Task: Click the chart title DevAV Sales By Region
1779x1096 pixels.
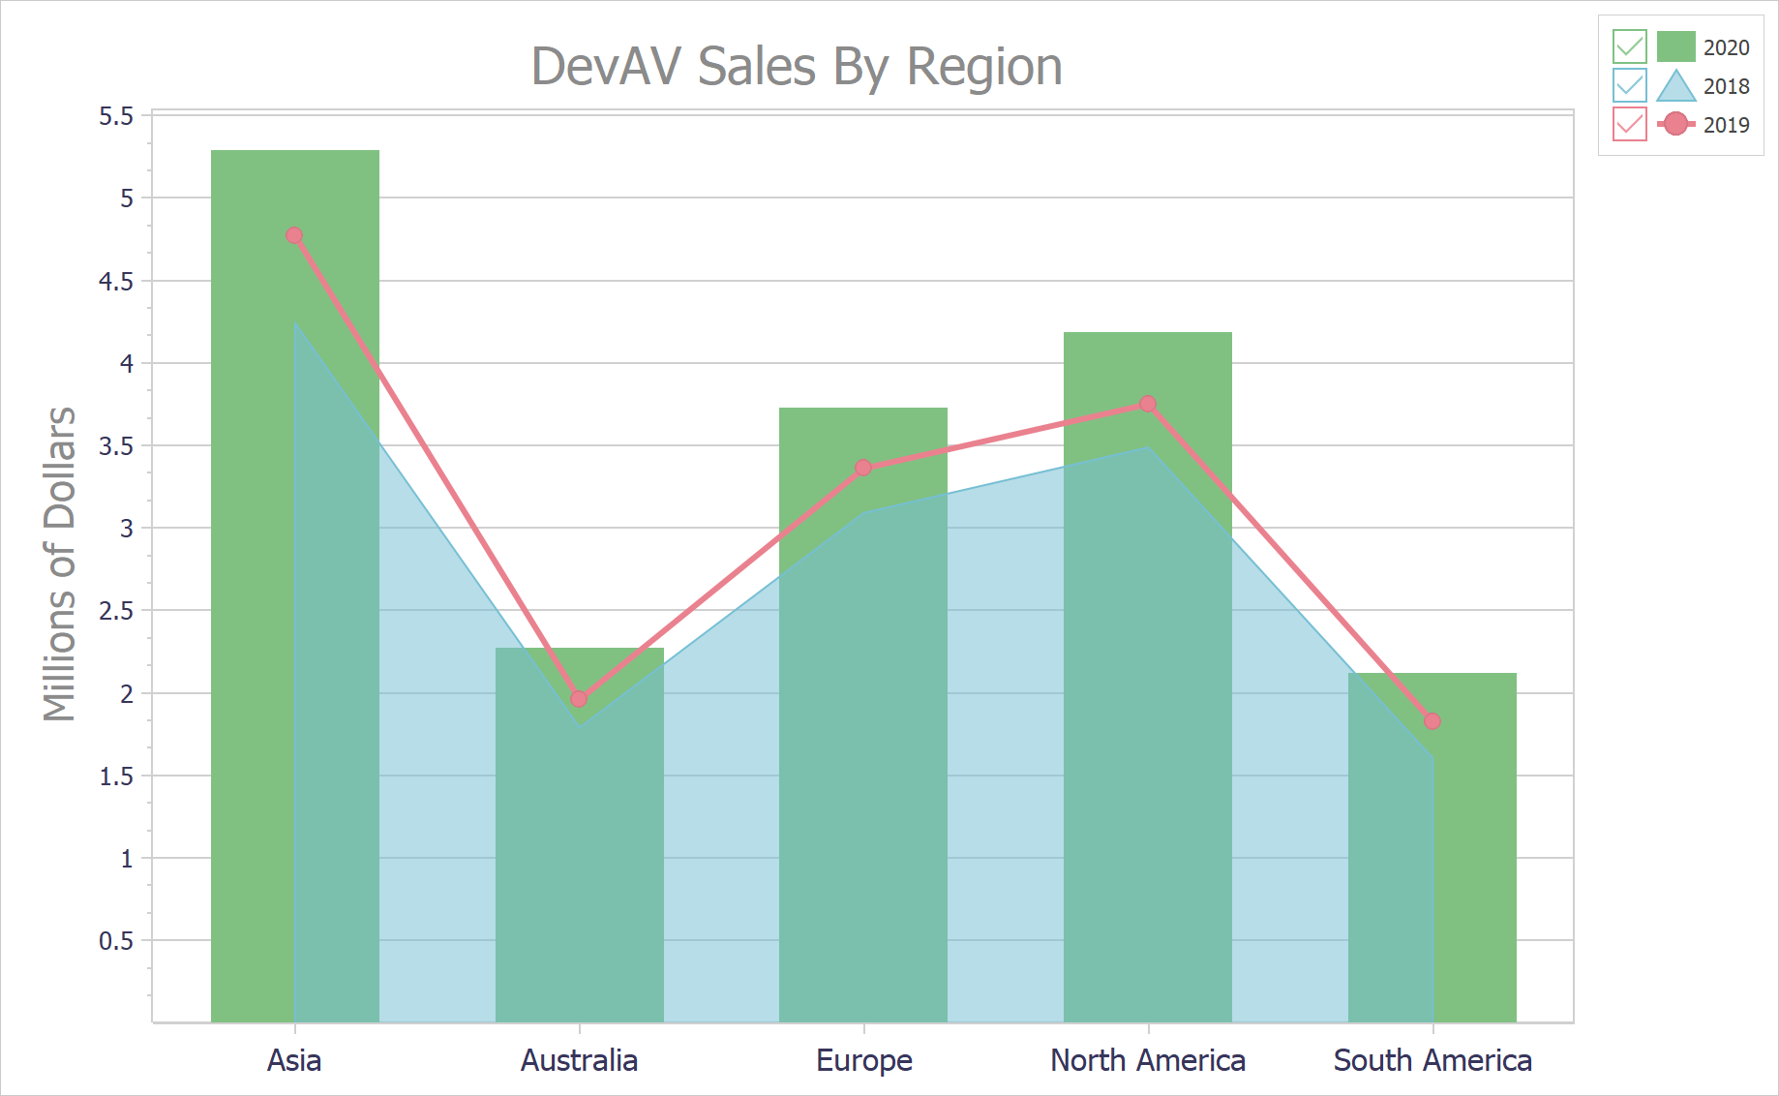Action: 797,67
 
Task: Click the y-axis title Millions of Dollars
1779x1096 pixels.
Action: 60,564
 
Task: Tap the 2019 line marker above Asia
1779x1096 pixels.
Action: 294,235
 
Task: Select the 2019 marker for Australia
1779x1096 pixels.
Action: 579,698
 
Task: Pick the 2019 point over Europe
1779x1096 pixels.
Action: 863,468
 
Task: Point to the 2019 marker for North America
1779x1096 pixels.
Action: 1148,404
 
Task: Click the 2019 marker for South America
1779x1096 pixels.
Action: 1432,721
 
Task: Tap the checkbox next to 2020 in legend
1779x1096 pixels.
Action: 1629,46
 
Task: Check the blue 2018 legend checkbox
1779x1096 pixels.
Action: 1629,85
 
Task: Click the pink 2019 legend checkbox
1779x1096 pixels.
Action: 1629,124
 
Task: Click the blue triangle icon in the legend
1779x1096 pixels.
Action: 1675,86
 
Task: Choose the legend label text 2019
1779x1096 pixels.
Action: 1726,125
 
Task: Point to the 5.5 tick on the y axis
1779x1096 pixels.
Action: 116,116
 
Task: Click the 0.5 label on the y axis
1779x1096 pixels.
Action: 116,941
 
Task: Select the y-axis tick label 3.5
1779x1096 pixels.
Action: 116,446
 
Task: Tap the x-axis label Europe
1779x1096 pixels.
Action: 864,1060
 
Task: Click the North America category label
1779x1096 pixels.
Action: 1148,1060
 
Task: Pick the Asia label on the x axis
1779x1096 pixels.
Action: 294,1060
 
